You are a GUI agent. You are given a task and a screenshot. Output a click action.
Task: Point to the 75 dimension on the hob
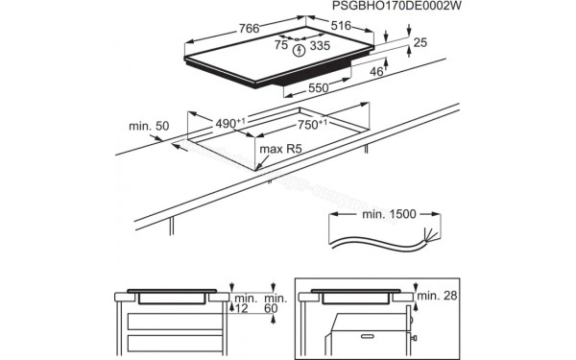281,44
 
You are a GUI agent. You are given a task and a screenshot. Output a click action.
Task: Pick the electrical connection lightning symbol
300,49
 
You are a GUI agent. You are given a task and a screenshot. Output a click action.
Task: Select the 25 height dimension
419,43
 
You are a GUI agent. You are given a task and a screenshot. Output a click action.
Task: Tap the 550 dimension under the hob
321,88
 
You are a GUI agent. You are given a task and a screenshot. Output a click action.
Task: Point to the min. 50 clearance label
149,126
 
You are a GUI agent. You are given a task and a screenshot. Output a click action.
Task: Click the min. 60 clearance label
274,306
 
